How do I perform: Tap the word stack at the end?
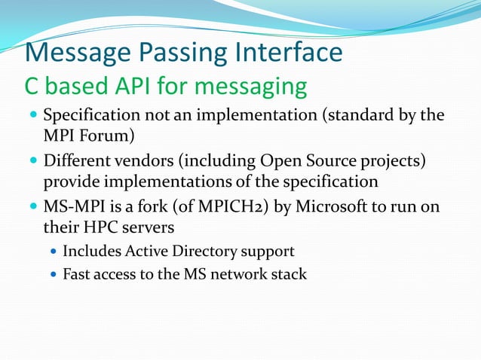291,274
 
